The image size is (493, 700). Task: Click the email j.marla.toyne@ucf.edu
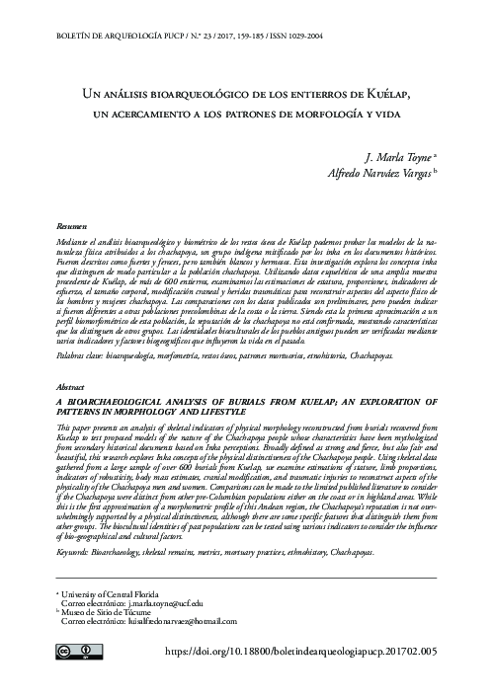[x=132, y=601]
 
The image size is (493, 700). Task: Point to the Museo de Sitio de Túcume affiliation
[x=108, y=612]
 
